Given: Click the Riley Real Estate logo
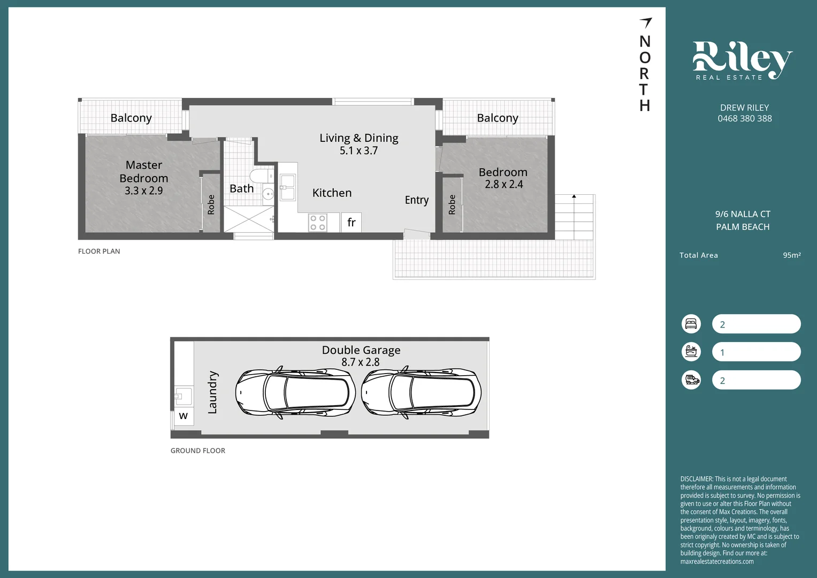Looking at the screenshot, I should [742, 60].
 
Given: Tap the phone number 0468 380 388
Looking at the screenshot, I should [744, 119].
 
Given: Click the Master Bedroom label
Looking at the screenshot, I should [144, 171].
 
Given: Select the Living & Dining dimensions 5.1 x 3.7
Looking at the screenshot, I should [358, 151].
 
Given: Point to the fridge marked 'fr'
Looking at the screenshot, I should [351, 223].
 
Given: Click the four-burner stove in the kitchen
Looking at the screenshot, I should [318, 223].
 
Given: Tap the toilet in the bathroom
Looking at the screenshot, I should [261, 176].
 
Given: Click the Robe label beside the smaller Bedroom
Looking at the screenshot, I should [452, 204].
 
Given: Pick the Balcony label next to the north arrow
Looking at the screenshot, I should [498, 118].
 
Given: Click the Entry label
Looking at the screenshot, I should [416, 200].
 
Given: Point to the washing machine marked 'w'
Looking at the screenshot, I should [184, 416].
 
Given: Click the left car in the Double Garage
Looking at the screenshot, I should [295, 393].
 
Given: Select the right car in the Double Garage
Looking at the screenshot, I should [421, 393].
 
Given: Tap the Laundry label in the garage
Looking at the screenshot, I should [212, 392].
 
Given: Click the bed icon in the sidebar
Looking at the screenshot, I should [691, 324].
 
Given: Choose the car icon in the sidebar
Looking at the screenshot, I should [691, 380].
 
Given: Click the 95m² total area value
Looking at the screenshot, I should [791, 255].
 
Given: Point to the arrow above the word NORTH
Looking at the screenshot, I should [646, 22].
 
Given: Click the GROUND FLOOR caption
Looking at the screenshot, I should [198, 451].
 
